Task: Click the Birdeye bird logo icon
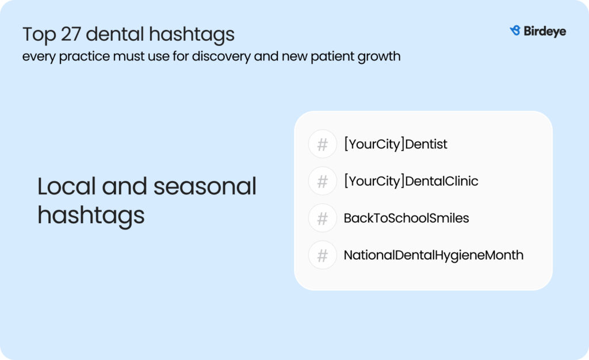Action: coord(515,30)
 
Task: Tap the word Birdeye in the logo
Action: coord(545,31)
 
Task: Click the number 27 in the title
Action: coord(71,34)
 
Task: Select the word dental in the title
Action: coord(115,34)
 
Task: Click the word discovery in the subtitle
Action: coord(221,57)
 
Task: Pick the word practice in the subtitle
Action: coord(84,57)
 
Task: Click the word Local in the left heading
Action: coord(67,186)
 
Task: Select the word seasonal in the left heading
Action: coord(205,186)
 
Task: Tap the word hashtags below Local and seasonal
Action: coord(91,216)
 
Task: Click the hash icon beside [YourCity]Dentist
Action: coord(322,144)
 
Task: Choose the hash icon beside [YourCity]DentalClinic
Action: coord(322,181)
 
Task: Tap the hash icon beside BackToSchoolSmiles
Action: coord(322,218)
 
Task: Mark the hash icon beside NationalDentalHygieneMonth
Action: coord(322,255)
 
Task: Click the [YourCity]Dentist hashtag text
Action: coord(396,144)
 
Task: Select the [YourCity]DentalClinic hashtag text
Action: coord(411,181)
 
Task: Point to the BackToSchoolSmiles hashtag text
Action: coord(407,218)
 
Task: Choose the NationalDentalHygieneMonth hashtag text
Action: coord(434,256)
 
